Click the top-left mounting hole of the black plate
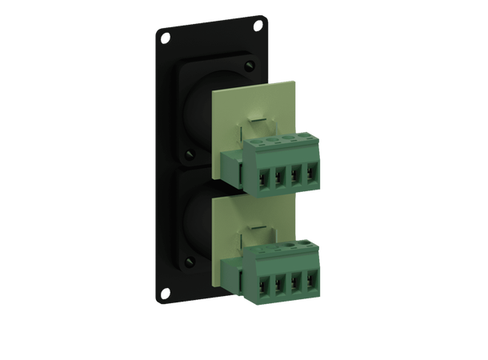(164, 36)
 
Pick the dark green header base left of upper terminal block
(234, 168)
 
